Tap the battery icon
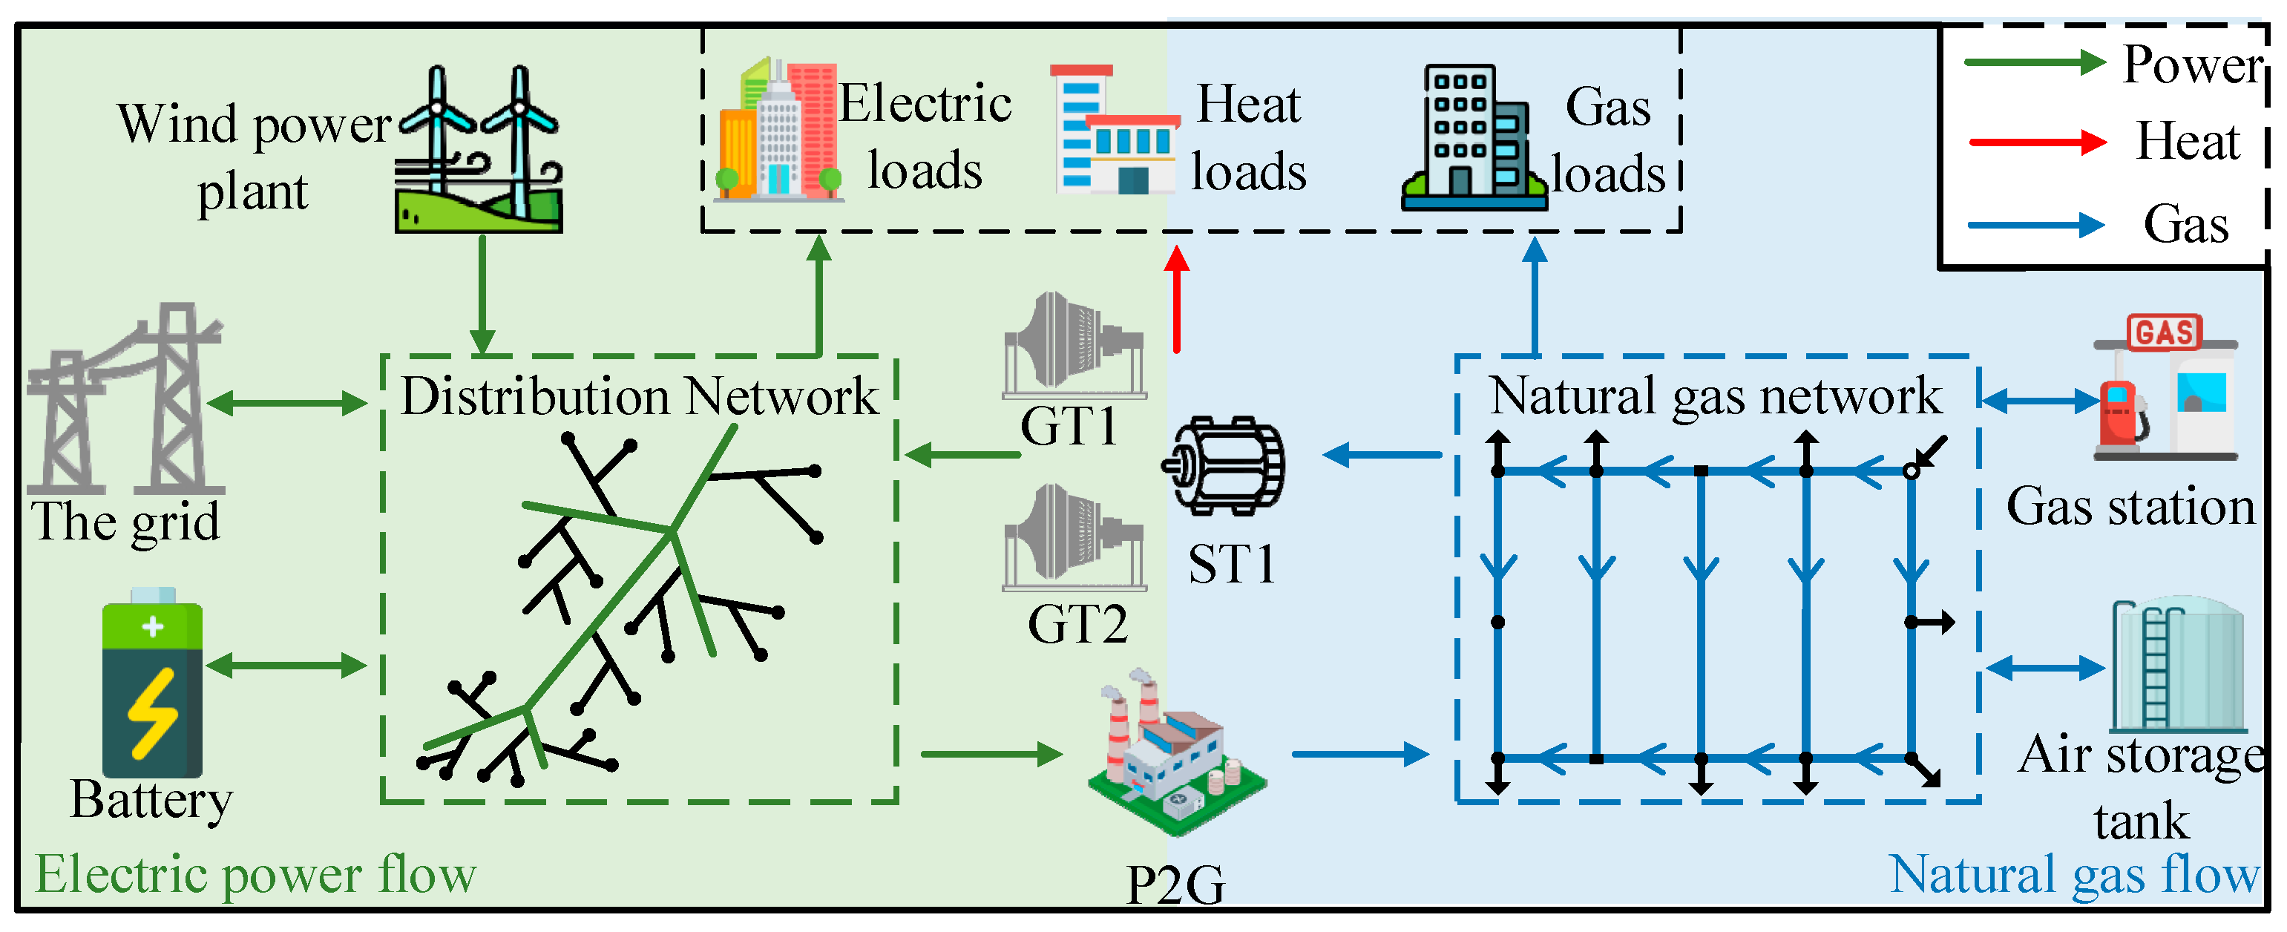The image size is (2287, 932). click(x=152, y=683)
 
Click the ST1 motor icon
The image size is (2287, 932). click(x=1225, y=465)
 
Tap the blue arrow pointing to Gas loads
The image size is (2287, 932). click(x=1534, y=297)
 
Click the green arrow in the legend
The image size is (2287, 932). click(x=2033, y=62)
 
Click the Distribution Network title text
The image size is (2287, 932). click(x=639, y=396)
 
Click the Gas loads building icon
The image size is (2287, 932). click(x=1473, y=137)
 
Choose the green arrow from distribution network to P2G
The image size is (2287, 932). click(x=991, y=755)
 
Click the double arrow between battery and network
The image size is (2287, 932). click(x=286, y=665)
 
